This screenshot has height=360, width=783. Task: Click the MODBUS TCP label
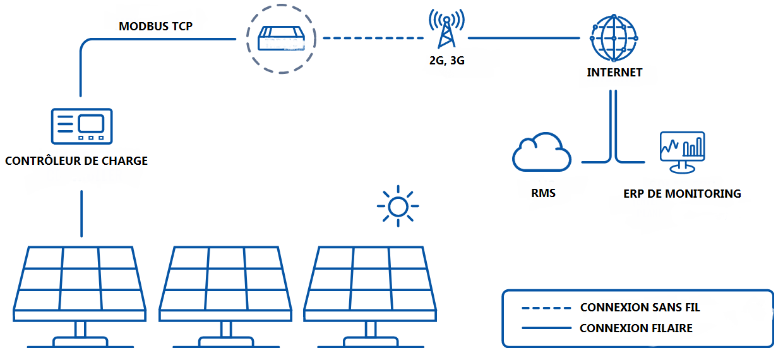click(x=155, y=27)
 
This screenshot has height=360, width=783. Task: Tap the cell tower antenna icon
click(x=446, y=29)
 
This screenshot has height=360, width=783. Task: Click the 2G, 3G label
click(x=446, y=61)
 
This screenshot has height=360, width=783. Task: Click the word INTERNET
click(x=614, y=73)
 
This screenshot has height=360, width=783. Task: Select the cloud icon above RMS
click(x=542, y=153)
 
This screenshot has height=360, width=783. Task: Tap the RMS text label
click(x=543, y=193)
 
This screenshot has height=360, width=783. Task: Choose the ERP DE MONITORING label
click(x=682, y=194)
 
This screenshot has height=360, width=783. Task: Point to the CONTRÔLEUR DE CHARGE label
click(x=76, y=161)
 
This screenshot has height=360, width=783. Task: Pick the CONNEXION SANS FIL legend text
click(x=640, y=308)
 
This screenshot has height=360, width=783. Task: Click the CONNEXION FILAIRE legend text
click(x=636, y=328)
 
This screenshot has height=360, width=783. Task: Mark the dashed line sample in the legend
click(x=546, y=308)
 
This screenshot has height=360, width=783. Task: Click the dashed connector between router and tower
click(x=373, y=39)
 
